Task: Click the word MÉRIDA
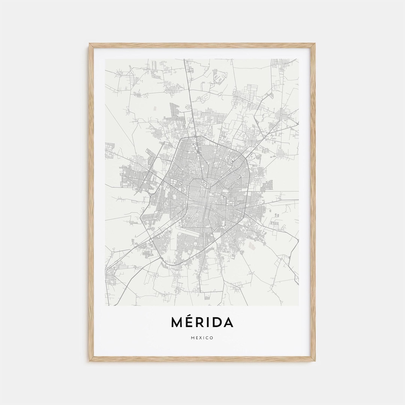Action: pyautogui.click(x=202, y=322)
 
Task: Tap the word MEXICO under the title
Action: pyautogui.click(x=202, y=338)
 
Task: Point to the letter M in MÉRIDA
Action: pyautogui.click(x=177, y=322)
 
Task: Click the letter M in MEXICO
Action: pyautogui.click(x=192, y=338)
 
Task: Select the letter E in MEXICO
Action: pyautogui.click(x=196, y=338)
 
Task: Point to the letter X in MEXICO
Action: pyautogui.click(x=201, y=338)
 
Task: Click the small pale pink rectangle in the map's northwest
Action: pyautogui.click(x=155, y=108)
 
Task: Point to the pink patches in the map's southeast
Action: pyautogui.click(x=252, y=246)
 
